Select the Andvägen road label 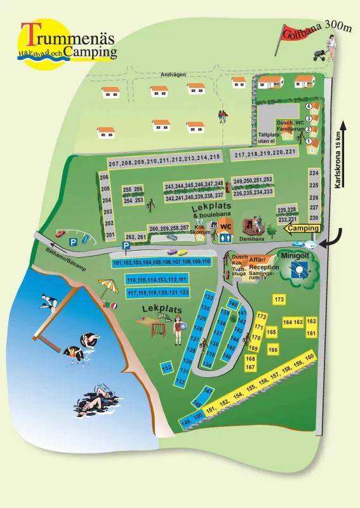(173, 74)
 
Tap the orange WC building (227, 227)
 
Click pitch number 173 (278, 299)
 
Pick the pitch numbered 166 (273, 350)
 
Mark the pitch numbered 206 (105, 177)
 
